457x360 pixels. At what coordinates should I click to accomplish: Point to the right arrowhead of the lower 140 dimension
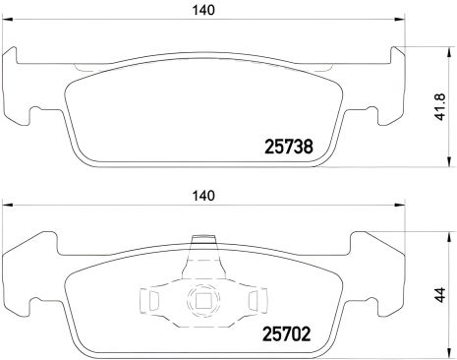tap(402, 206)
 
